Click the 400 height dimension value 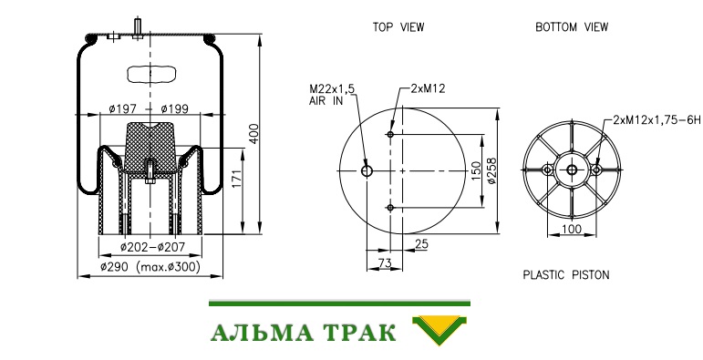click(x=253, y=134)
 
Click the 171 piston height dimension click(x=237, y=179)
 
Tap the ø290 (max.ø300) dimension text click(x=150, y=267)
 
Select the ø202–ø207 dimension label click(x=152, y=247)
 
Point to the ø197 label click(x=122, y=108)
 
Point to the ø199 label click(x=174, y=108)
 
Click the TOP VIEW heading click(x=398, y=27)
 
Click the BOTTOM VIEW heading click(x=572, y=27)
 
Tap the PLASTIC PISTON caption click(x=566, y=274)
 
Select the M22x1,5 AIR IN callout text click(x=331, y=95)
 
